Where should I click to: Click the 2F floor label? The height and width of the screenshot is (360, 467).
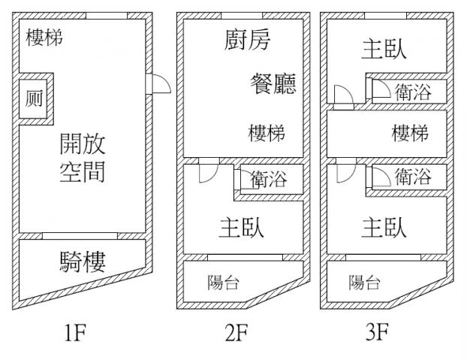[237, 331]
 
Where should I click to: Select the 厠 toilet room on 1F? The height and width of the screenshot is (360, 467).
[34, 98]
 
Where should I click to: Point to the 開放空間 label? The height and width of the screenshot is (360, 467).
[83, 158]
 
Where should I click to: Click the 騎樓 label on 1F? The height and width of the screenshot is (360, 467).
[83, 262]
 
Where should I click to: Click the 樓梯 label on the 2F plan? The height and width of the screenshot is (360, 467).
[267, 134]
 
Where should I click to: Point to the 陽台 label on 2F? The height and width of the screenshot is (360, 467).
[223, 283]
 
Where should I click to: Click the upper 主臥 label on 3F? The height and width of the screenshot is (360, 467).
[384, 49]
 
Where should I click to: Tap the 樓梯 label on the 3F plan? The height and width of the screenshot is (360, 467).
[410, 134]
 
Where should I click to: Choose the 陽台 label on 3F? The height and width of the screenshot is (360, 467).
[365, 283]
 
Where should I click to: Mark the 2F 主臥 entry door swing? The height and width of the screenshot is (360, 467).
[206, 174]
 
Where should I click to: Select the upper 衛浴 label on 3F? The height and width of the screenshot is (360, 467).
[412, 92]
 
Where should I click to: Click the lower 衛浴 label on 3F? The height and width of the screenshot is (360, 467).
[412, 177]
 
